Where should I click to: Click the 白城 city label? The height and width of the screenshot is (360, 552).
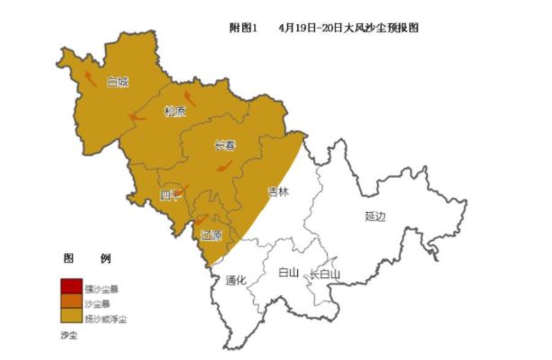(x=118, y=82)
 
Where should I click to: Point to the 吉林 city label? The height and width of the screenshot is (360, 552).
(x=278, y=191)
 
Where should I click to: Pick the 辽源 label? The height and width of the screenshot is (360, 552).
(x=211, y=235)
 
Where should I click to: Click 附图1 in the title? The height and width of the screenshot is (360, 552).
(x=243, y=28)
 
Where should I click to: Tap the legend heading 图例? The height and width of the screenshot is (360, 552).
(x=87, y=259)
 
